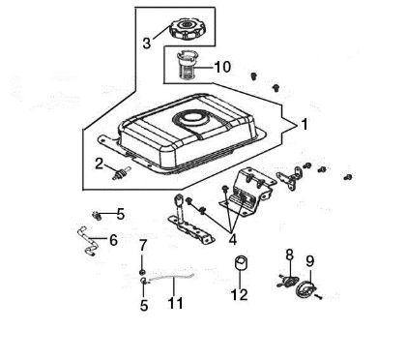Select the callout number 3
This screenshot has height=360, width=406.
pyautogui.click(x=147, y=43)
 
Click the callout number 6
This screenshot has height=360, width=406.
pyautogui.click(x=113, y=239)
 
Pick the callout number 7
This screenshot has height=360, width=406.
pyautogui.click(x=143, y=245)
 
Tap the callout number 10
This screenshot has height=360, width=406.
pyautogui.click(x=222, y=68)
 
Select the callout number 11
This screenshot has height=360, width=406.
pyautogui.click(x=175, y=304)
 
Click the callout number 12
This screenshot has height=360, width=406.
pyautogui.click(x=240, y=294)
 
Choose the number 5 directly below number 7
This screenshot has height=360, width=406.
pyautogui.click(x=143, y=307)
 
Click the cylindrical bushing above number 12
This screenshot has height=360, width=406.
pyautogui.click(x=242, y=264)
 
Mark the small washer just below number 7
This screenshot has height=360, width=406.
pyautogui.click(x=143, y=274)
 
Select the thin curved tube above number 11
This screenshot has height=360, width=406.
pyautogui.click(x=174, y=281)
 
